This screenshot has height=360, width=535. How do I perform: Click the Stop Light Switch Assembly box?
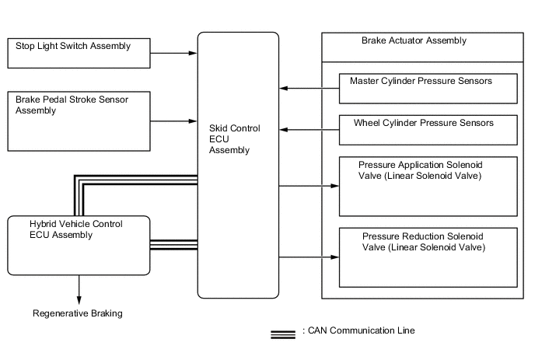pyautogui.click(x=79, y=52)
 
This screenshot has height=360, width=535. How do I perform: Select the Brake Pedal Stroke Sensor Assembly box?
pyautogui.click(x=79, y=121)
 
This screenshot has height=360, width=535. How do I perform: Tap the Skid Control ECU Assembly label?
pyautogui.click(x=234, y=138)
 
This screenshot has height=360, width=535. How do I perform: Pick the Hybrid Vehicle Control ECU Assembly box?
pyautogui.click(x=79, y=245)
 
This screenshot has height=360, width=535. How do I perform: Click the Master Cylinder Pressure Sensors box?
pyautogui.click(x=428, y=88)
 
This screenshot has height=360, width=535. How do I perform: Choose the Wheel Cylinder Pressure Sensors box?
pyautogui.click(x=428, y=129)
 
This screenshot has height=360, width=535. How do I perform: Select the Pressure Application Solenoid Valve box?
pyautogui.click(x=428, y=186)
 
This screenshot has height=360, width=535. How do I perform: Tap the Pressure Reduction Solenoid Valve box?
pyautogui.click(x=428, y=257)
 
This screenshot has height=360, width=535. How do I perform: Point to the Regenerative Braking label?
pyautogui.click(x=78, y=314)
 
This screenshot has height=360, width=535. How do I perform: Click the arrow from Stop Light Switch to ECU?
pyautogui.click(x=174, y=53)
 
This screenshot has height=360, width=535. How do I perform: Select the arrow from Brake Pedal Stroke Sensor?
pyautogui.click(x=174, y=121)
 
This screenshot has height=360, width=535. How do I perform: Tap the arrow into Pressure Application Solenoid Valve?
pyautogui.click(x=309, y=186)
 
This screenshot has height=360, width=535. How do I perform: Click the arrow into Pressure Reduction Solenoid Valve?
pyautogui.click(x=309, y=257)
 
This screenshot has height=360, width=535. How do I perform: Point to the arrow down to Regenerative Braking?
pyautogui.click(x=79, y=289)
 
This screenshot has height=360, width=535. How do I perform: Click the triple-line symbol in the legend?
pyautogui.click(x=282, y=334)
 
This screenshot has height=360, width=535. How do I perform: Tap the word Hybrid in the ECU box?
pyautogui.click(x=30, y=224)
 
